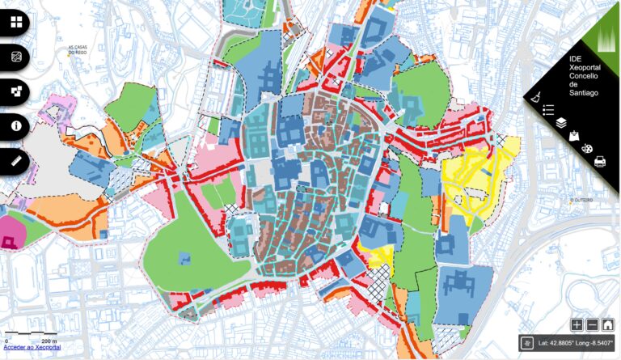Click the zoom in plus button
coord(577,325)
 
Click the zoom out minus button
coord(592,325)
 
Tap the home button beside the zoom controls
coord(607,325)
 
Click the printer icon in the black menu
coord(600,162)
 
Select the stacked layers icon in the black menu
coord(561,123)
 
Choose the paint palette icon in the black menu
coord(587,149)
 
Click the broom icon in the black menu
coord(535,96)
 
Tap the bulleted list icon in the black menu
coord(548,109)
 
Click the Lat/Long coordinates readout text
coord(577,343)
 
